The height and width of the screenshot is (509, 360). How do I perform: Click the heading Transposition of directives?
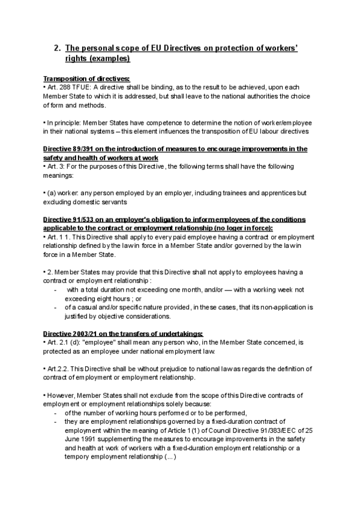86,79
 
